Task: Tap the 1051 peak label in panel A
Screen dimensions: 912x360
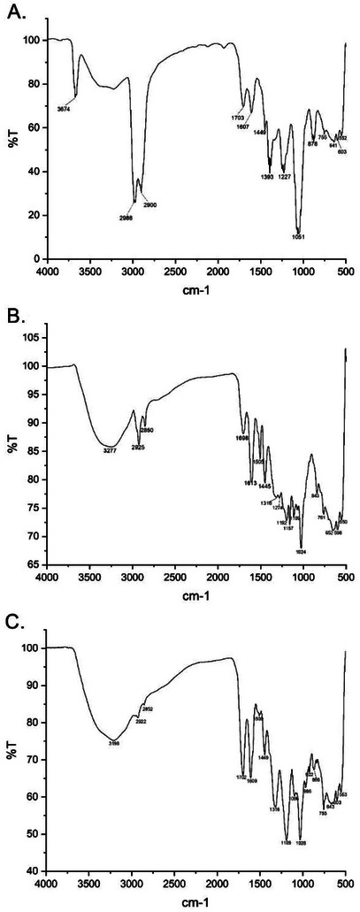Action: [298, 236]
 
